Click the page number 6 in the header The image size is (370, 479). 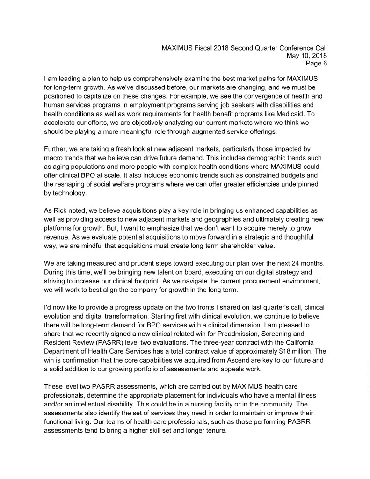pyautogui.click(x=324, y=64)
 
